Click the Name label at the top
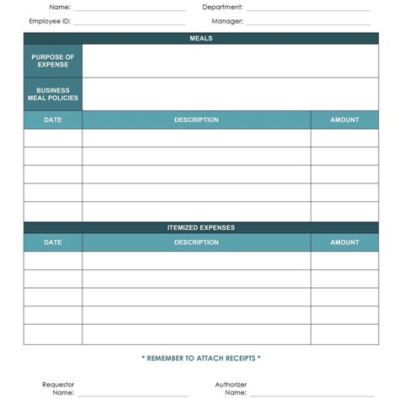(x=59, y=7)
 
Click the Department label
(x=222, y=7)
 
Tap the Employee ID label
(x=50, y=21)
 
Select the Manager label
(x=227, y=21)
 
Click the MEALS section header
(x=201, y=38)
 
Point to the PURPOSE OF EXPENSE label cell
(x=53, y=61)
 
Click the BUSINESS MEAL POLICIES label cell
(x=53, y=93)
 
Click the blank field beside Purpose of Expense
(x=230, y=61)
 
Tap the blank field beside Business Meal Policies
(x=230, y=93)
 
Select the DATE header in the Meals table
(x=53, y=120)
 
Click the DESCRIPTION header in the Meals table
(x=196, y=120)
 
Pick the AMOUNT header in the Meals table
(x=344, y=120)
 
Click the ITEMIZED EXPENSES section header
(x=201, y=227)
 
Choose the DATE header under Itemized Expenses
(x=53, y=242)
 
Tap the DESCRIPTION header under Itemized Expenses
(x=196, y=242)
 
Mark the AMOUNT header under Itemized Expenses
(x=344, y=242)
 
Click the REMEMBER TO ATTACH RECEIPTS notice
(x=201, y=359)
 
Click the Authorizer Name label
(x=231, y=388)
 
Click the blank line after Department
(x=308, y=9)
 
